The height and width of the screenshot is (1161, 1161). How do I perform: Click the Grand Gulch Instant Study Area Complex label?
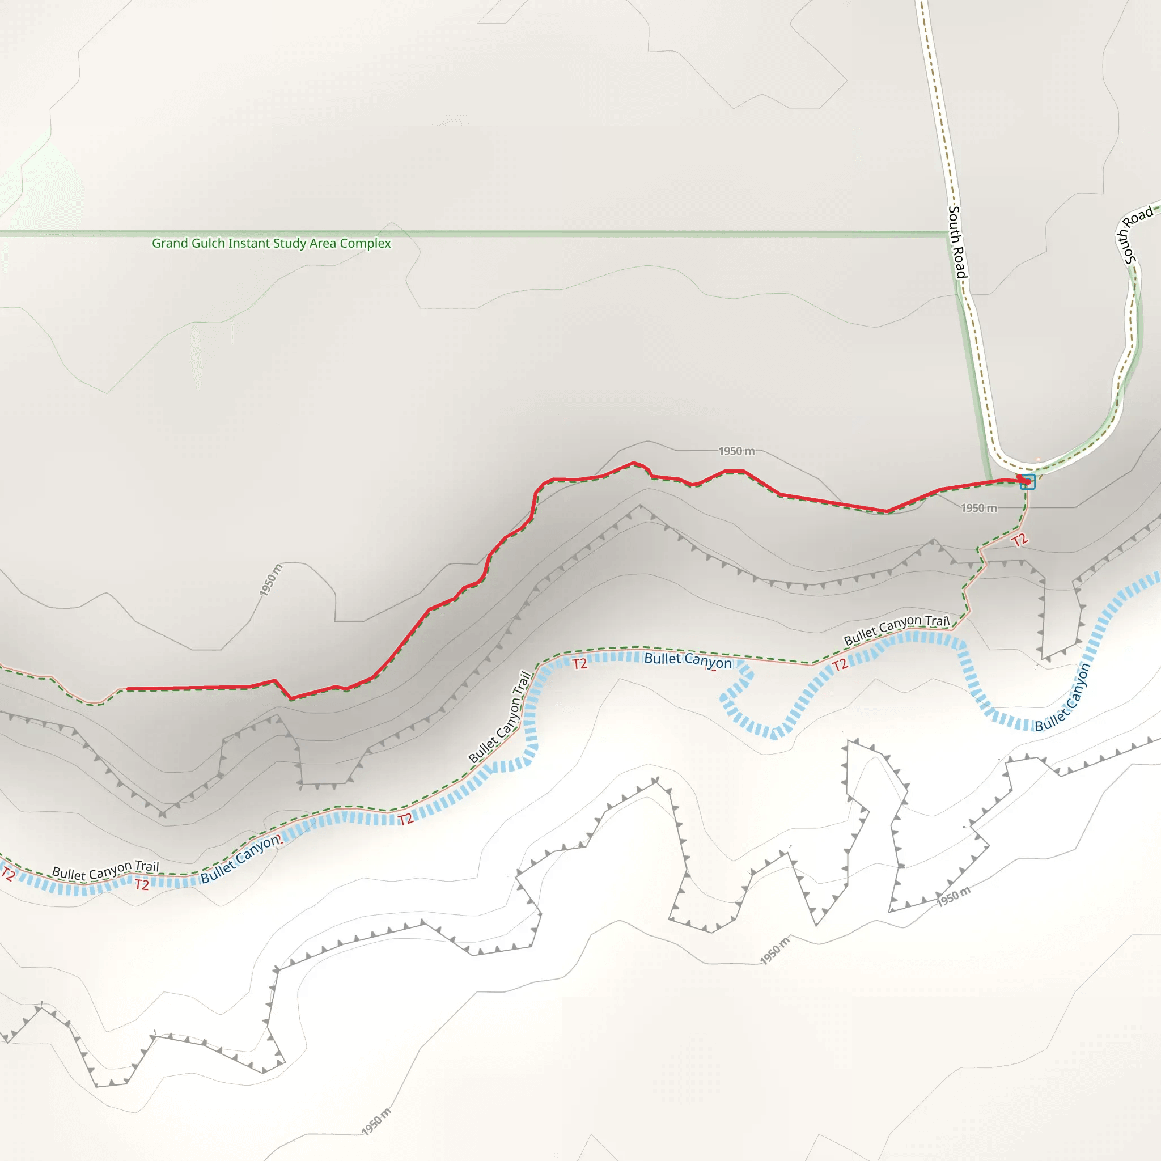271,243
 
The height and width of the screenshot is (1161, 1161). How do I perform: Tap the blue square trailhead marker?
1028,482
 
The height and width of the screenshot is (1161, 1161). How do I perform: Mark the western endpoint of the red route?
128,689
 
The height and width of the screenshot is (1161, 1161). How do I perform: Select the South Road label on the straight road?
957,241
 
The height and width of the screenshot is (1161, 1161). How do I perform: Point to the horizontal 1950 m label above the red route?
736,451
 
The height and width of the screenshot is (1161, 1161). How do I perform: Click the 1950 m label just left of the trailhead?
979,509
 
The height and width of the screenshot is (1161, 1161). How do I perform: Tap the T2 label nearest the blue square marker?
1020,540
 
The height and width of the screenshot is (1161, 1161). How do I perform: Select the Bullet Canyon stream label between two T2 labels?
688,659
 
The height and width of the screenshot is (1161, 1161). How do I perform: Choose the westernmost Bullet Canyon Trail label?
106,870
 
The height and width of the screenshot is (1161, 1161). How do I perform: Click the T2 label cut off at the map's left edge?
8,874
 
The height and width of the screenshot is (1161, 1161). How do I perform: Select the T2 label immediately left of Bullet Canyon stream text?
579,664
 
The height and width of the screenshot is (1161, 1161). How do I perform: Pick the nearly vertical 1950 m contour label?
270,580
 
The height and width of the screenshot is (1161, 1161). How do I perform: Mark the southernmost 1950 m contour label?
376,1121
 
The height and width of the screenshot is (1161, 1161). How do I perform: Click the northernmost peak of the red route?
633,463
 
